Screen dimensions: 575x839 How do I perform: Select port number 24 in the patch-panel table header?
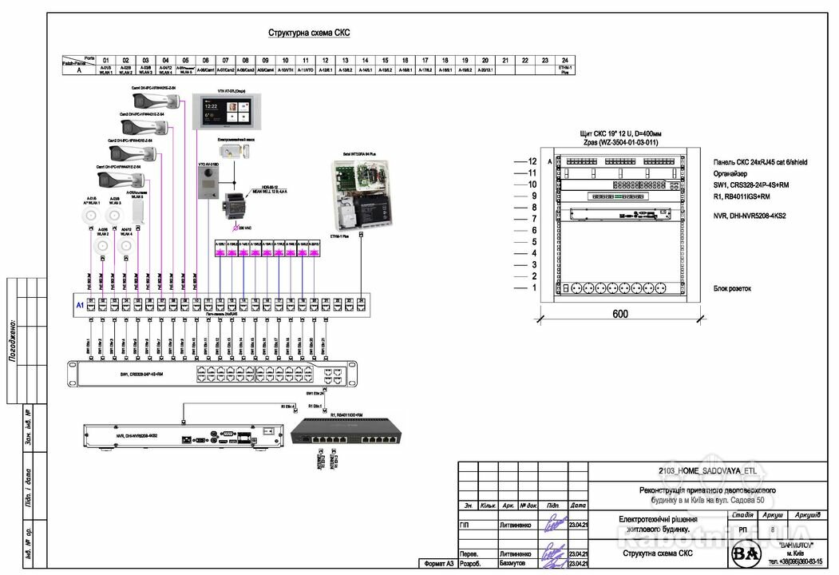pos(565,60)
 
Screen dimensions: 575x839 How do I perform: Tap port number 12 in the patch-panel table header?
pos(325,60)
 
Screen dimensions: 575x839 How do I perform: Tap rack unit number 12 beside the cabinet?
pos(532,161)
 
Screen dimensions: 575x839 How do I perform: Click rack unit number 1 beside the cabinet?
pos(532,287)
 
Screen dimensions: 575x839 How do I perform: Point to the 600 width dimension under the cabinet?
pos(619,314)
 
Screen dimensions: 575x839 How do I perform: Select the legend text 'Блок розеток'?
pos(734,288)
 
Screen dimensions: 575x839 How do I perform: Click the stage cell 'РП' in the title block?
pos(742,529)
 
